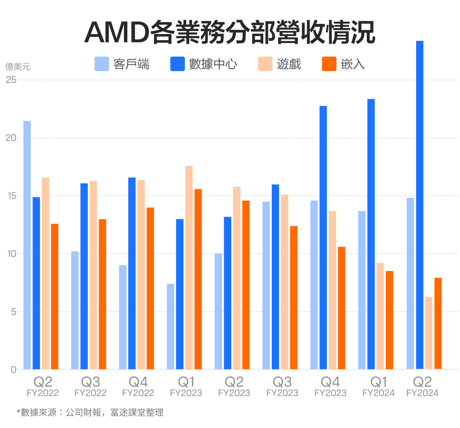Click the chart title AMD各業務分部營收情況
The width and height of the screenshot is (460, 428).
[230, 32]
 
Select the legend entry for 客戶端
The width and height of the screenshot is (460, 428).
[122, 64]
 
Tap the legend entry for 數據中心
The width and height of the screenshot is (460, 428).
[204, 64]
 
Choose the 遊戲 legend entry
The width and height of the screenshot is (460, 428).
[279, 64]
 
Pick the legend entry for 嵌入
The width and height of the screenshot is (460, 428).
[343, 64]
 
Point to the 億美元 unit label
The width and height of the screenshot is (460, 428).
[18, 67]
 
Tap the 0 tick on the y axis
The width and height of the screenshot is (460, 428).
[13, 370]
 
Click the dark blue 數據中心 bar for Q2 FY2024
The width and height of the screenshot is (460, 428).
[420, 205]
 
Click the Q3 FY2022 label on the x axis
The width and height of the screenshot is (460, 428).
[90, 385]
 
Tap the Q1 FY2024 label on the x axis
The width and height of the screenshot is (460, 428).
[378, 385]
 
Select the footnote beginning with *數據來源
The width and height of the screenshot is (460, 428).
[90, 412]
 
